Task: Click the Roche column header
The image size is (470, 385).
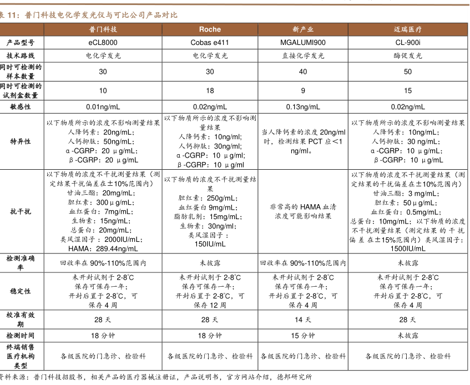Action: (x=210, y=29)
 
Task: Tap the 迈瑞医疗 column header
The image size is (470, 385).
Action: (x=408, y=29)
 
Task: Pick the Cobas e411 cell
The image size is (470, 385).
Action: (x=210, y=42)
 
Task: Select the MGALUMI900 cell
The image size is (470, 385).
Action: (x=303, y=42)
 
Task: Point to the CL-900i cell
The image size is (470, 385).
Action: (x=408, y=42)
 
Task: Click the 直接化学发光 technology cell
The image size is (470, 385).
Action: (x=303, y=55)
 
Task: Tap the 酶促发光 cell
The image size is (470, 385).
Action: (x=408, y=55)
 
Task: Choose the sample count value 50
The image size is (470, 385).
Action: (x=408, y=72)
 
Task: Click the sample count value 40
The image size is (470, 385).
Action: (x=303, y=72)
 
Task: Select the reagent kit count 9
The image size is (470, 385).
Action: (x=303, y=90)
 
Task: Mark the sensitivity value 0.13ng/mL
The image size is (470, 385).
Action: (x=303, y=107)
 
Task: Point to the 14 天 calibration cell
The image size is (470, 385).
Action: (x=303, y=320)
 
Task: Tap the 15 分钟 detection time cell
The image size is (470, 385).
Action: (x=303, y=336)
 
